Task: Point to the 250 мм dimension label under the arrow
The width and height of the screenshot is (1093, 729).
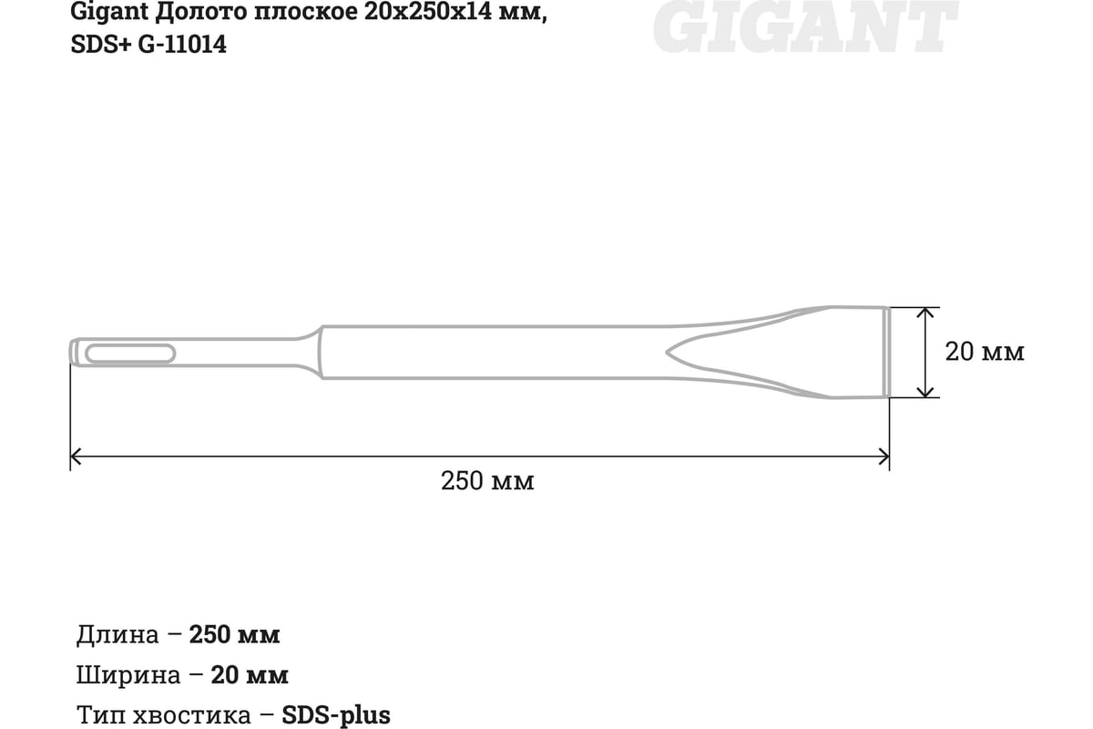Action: [487, 481]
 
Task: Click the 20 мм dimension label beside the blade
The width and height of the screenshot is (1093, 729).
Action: [984, 352]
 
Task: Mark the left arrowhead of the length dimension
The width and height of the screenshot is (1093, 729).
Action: [77, 455]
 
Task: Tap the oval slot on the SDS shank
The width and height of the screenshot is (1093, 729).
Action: [130, 353]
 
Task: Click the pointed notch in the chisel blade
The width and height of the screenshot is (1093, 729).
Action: [674, 352]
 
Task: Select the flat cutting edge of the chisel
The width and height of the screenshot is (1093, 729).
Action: [886, 352]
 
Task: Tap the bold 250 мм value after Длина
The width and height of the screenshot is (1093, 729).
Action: [234, 634]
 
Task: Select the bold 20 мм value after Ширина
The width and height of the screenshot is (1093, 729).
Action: [250, 675]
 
